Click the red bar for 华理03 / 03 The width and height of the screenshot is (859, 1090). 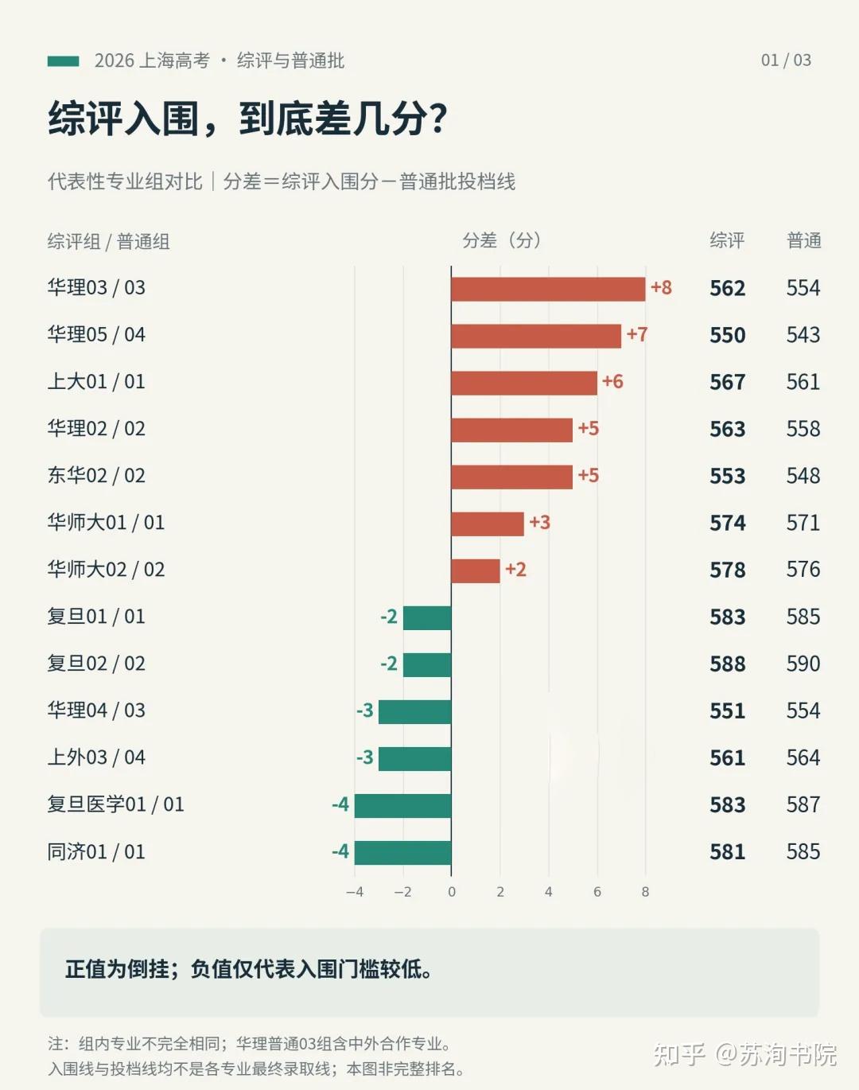[x=548, y=290]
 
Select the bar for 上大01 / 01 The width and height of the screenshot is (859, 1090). [x=524, y=383]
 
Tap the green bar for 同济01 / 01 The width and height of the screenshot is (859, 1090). [x=402, y=853]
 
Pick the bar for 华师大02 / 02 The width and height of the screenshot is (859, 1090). [x=476, y=570]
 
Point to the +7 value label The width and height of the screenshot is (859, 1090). [x=637, y=334]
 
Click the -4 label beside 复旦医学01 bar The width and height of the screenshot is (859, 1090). [x=340, y=804]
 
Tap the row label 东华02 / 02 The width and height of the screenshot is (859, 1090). [x=96, y=476]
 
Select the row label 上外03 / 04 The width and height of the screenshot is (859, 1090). [x=96, y=757]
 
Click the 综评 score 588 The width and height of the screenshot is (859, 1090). [x=727, y=664]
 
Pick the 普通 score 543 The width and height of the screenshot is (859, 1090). [x=803, y=335]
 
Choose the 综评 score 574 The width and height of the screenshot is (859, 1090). [x=727, y=523]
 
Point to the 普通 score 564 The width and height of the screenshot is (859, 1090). [x=803, y=757]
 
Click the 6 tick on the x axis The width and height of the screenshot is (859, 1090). [x=597, y=892]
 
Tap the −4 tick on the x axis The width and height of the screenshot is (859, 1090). [x=355, y=892]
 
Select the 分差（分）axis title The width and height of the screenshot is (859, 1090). [x=501, y=240]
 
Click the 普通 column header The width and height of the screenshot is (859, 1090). [x=804, y=240]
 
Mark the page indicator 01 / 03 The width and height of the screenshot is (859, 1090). [x=786, y=60]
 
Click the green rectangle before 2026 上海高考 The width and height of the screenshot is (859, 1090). [x=64, y=61]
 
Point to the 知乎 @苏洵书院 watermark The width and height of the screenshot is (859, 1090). [x=744, y=1054]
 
